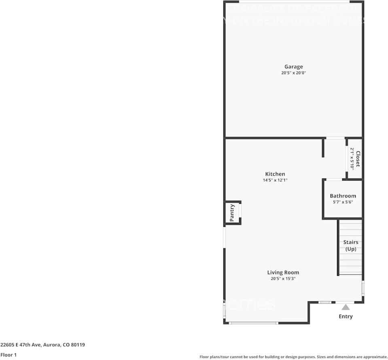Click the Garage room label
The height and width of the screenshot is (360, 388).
click(x=293, y=67)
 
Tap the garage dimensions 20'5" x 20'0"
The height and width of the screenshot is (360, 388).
click(x=293, y=73)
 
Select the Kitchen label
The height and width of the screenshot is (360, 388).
click(x=275, y=174)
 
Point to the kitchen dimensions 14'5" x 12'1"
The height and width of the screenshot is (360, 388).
click(x=275, y=181)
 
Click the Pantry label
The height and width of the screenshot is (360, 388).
click(x=232, y=213)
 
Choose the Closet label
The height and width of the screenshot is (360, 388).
click(x=357, y=159)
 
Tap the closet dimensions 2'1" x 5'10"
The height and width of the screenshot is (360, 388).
click(x=352, y=159)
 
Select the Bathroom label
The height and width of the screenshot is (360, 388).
click(x=343, y=196)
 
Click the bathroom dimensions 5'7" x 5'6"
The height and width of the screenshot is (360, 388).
click(x=343, y=202)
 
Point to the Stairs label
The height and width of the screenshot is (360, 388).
click(x=351, y=242)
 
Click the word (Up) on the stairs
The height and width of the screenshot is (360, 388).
click(x=351, y=249)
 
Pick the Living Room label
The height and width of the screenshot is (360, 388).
click(x=283, y=273)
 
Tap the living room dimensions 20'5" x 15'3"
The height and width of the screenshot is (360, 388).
click(x=283, y=279)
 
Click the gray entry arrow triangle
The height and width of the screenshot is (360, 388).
click(x=346, y=307)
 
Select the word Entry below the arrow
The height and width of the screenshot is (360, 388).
click(x=346, y=316)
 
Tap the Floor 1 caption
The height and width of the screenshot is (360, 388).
click(x=8, y=355)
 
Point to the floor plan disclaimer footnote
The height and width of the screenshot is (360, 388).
click(x=293, y=357)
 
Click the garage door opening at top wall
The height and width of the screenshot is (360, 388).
click(x=294, y=2)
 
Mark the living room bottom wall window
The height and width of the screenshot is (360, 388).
click(x=253, y=323)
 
